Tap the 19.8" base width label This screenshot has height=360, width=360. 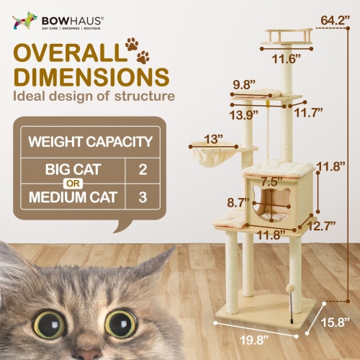tap(239, 342)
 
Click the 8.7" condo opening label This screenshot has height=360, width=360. tap(238, 203)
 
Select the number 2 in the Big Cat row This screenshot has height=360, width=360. tap(139, 170)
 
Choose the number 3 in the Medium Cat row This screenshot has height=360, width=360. tap(139, 197)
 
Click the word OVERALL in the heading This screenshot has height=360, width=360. tap(65, 55)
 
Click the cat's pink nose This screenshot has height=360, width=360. tap(88, 354)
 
